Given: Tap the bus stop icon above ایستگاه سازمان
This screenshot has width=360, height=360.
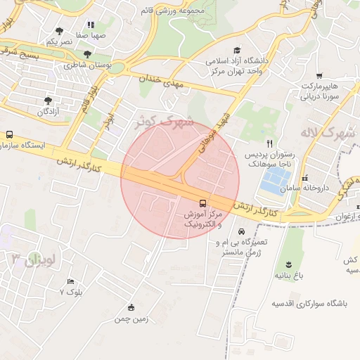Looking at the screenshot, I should (x=10, y=134).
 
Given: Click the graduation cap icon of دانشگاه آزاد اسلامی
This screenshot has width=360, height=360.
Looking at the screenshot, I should (x=237, y=51).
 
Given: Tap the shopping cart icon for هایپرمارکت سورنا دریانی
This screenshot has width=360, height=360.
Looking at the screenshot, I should (x=320, y=75).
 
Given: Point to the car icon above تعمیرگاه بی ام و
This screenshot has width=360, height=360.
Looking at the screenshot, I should (x=241, y=231).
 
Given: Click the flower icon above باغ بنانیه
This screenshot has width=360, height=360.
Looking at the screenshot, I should (x=288, y=264).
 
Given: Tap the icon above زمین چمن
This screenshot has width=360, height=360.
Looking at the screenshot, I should (x=131, y=307).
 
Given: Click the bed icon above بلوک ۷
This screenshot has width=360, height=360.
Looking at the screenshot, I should (x=60, y=281).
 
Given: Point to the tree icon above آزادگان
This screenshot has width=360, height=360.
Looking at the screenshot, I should (x=48, y=101).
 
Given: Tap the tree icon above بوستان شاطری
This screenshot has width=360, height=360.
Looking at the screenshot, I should (x=87, y=54).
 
